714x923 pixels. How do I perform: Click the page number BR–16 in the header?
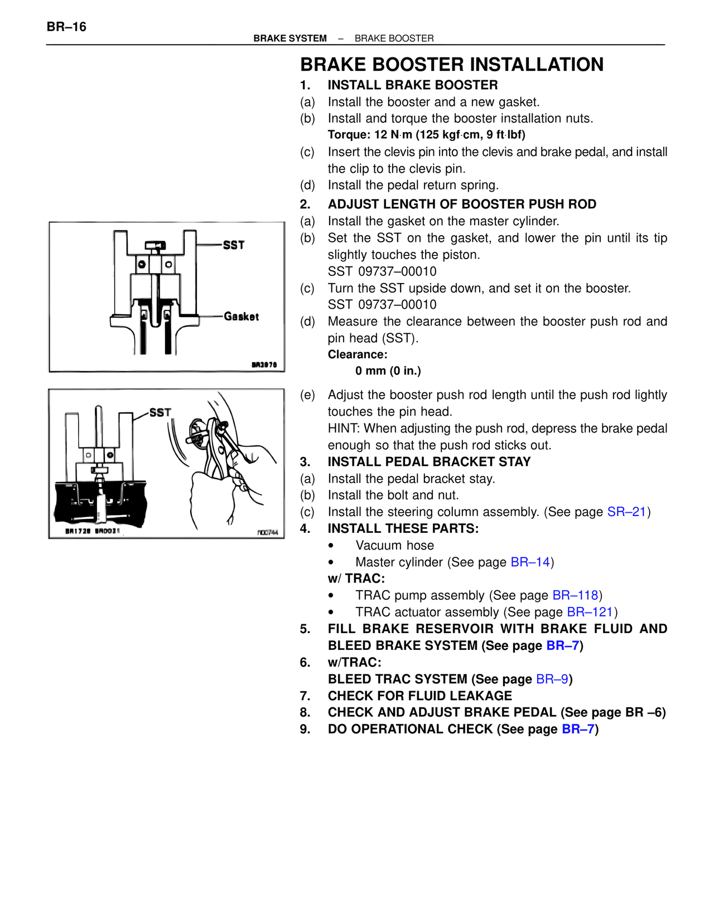[x=66, y=27]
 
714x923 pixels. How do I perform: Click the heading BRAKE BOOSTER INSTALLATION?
[x=451, y=65]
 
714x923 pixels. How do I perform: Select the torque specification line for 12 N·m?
[x=426, y=135]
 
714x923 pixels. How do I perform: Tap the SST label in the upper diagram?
[x=233, y=245]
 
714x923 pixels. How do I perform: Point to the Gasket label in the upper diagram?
[x=241, y=317]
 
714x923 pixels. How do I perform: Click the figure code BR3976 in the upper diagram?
[x=264, y=365]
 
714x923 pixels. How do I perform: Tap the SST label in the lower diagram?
[x=160, y=412]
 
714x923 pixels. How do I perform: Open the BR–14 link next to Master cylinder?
[x=530, y=562]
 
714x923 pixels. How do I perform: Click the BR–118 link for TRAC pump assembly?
[x=575, y=596]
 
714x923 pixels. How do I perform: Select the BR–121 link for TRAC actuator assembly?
[x=590, y=613]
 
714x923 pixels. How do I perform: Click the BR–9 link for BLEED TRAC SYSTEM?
[x=552, y=679]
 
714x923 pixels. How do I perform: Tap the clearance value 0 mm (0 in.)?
[x=388, y=371]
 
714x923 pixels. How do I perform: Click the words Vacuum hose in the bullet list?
[x=394, y=546]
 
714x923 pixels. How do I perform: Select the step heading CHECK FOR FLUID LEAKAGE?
[x=419, y=696]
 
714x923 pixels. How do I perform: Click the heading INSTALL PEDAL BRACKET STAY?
[x=429, y=462]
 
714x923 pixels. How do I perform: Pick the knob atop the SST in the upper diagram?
[x=156, y=246]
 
